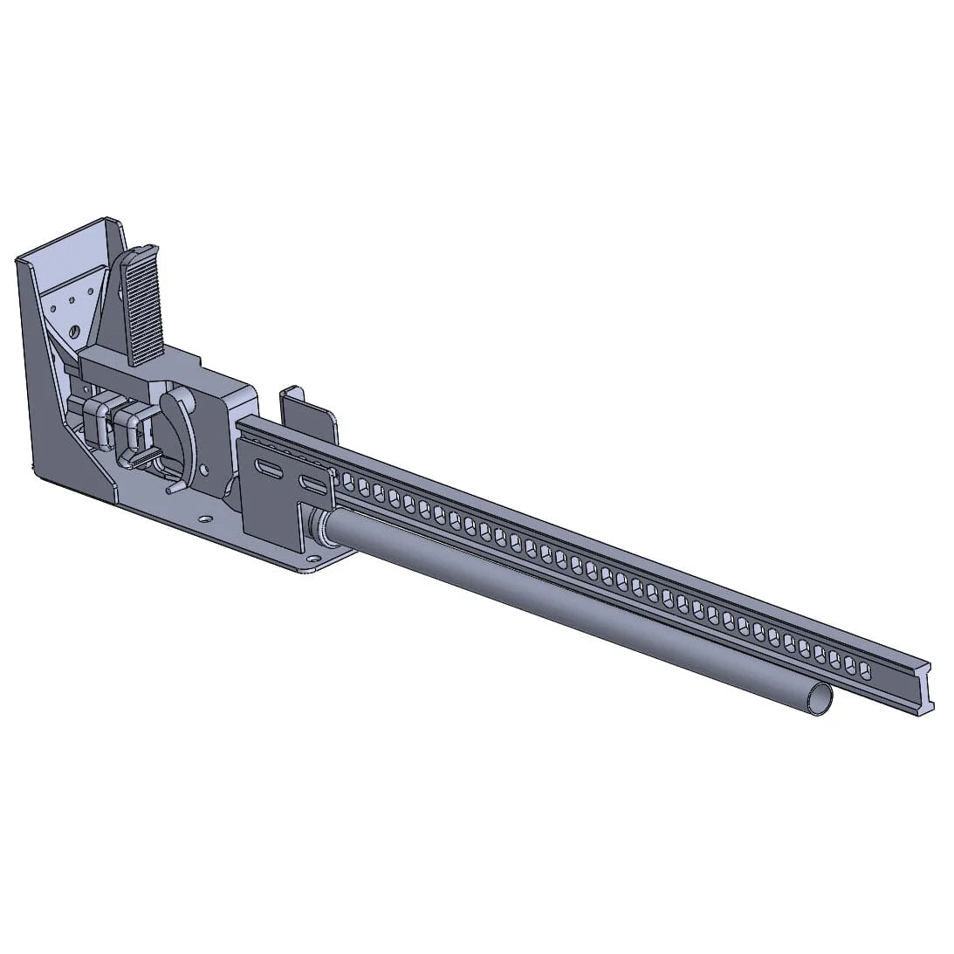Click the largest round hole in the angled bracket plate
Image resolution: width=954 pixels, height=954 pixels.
point(74,329)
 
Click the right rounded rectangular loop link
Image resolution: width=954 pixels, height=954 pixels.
point(128,428)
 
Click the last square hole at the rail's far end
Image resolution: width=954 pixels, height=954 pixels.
point(866,669)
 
